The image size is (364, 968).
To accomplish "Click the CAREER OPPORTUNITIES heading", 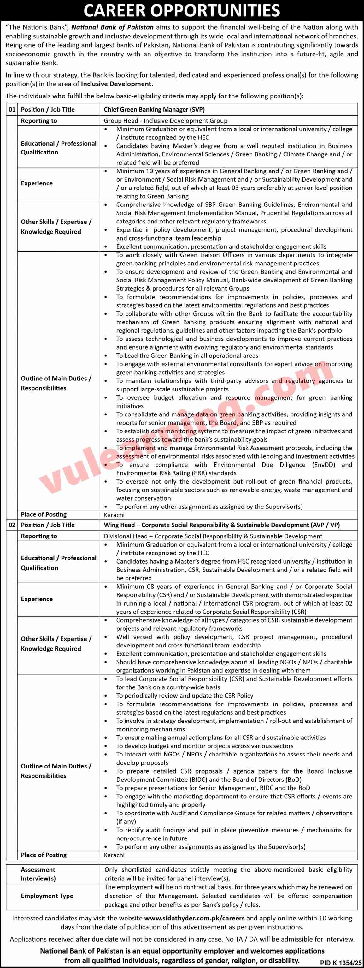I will pyautogui.click(x=182, y=10).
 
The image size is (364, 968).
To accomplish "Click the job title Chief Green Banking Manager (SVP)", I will pyautogui.click(x=154, y=110).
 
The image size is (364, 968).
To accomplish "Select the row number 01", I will pyautogui.click(x=12, y=110).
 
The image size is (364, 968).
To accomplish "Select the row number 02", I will pyautogui.click(x=12, y=525).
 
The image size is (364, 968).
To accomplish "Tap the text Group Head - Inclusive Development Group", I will pyautogui.click(x=166, y=121).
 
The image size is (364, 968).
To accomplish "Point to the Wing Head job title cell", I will pyautogui.click(x=221, y=525).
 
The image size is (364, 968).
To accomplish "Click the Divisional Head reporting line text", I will pyautogui.click(x=213, y=536).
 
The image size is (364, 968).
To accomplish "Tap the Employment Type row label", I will pyautogui.click(x=47, y=896).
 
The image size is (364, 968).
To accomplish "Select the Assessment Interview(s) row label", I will pyautogui.click(x=38, y=874).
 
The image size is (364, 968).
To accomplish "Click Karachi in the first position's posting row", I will pyautogui.click(x=114, y=515).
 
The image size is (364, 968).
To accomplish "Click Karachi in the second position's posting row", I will pyautogui.click(x=114, y=855).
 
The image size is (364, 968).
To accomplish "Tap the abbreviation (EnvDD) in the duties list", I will pyautogui.click(x=325, y=465).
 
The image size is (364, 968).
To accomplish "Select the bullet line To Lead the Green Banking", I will pyautogui.click(x=187, y=356).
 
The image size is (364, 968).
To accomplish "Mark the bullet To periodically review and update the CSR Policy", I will pyautogui.click(x=184, y=696).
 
